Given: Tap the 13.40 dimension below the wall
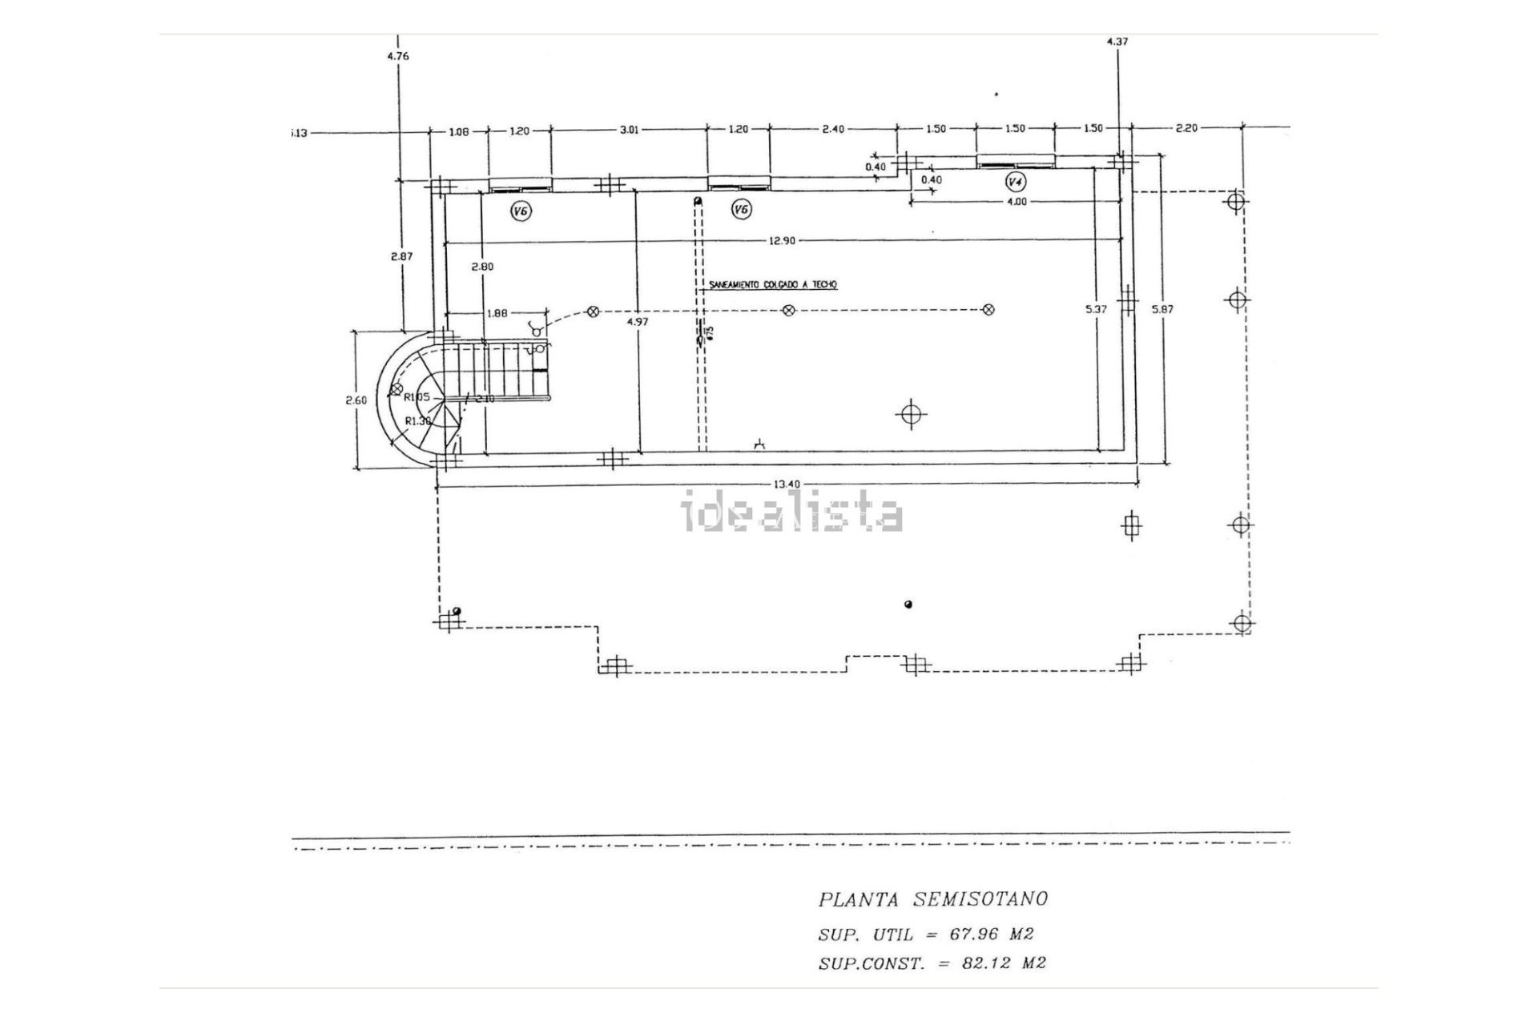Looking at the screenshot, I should (x=787, y=483).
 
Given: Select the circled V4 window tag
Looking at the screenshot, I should (x=1015, y=182).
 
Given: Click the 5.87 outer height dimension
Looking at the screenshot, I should (x=1162, y=308).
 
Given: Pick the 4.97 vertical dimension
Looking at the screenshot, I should (x=638, y=321).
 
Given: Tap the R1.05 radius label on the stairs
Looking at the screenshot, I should (x=417, y=396).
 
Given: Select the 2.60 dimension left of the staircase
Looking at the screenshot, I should (x=356, y=400).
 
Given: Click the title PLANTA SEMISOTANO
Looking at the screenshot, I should (x=932, y=898).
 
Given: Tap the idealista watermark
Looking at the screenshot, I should (x=791, y=513).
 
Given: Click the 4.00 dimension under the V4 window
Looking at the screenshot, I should (x=1015, y=202).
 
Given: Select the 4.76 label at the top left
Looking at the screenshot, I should (x=397, y=56).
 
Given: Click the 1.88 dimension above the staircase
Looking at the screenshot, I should (x=497, y=313).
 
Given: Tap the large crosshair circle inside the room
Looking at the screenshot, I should (x=910, y=414).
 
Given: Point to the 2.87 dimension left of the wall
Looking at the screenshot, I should (x=401, y=256).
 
